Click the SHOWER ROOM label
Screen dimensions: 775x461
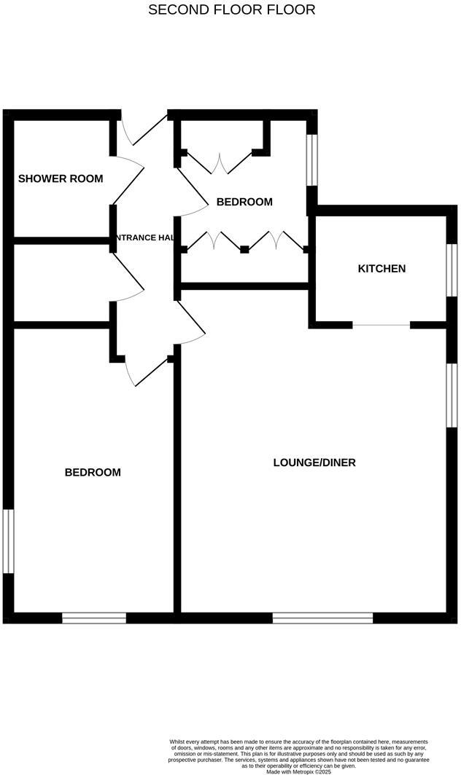61,178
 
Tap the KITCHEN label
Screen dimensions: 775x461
381,269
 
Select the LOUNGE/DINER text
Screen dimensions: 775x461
314,463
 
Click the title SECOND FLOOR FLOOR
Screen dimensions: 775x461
232,9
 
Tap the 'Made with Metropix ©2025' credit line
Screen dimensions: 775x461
298,771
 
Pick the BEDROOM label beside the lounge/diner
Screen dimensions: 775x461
93,472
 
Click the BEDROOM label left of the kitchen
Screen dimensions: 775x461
244,202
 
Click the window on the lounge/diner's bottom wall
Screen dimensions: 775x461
322,618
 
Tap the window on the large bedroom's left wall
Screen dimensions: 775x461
7,541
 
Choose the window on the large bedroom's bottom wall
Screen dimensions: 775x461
94,618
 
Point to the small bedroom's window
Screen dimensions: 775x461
312,160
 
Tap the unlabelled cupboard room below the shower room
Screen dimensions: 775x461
61,281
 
